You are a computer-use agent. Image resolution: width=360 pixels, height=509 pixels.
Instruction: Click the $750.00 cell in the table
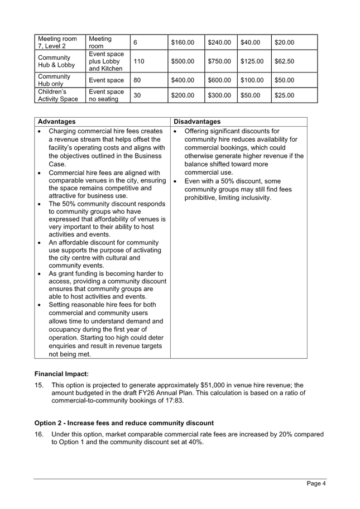pos(219,61)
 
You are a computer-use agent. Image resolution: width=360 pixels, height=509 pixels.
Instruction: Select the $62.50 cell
pos(285,61)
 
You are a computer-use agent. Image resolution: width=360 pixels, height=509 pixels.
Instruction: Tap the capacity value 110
pos(139,61)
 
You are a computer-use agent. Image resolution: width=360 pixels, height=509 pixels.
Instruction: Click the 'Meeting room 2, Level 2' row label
pos(57,42)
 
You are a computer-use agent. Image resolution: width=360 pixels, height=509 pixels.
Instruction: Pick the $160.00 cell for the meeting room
pos(183,42)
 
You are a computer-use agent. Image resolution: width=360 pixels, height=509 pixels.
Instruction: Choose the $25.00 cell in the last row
pos(285,95)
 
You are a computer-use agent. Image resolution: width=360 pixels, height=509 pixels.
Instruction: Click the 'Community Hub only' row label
pos(54,80)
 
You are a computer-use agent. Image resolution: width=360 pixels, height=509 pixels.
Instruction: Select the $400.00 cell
pos(183,80)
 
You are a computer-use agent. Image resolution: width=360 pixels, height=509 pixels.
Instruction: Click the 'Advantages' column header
pos(57,122)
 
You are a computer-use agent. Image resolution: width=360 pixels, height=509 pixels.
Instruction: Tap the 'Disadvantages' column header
pos(197,122)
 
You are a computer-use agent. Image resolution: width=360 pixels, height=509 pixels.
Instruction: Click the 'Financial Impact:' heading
pos(61,373)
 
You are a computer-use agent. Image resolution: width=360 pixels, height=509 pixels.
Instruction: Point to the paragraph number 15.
pos(39,386)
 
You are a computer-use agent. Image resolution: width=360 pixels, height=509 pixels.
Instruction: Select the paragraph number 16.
pos(39,434)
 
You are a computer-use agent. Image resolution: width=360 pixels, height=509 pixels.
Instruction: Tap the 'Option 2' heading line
pos(123,423)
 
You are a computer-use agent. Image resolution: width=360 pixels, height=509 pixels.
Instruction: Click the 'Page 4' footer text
pos(316,483)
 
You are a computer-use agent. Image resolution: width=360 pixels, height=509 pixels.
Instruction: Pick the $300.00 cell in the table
pos(219,95)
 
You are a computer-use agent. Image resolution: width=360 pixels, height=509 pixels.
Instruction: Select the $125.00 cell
pos(251,61)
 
